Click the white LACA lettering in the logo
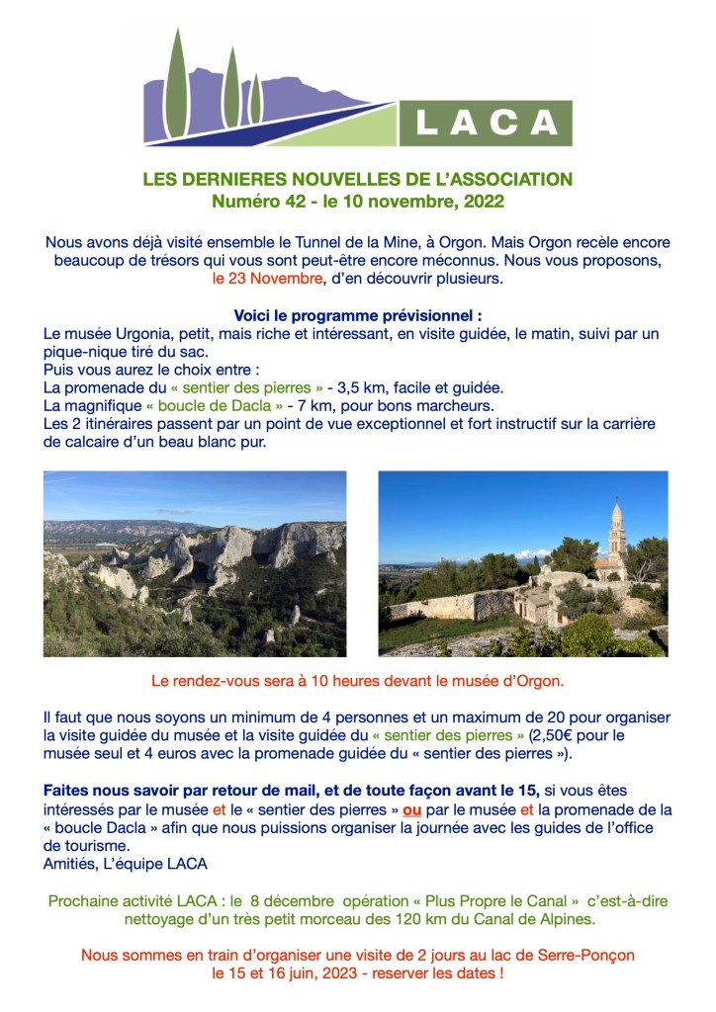[486, 122]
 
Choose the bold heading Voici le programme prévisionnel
[357, 316]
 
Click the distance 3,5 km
[364, 387]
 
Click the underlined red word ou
[412, 809]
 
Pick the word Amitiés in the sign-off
[72, 863]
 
